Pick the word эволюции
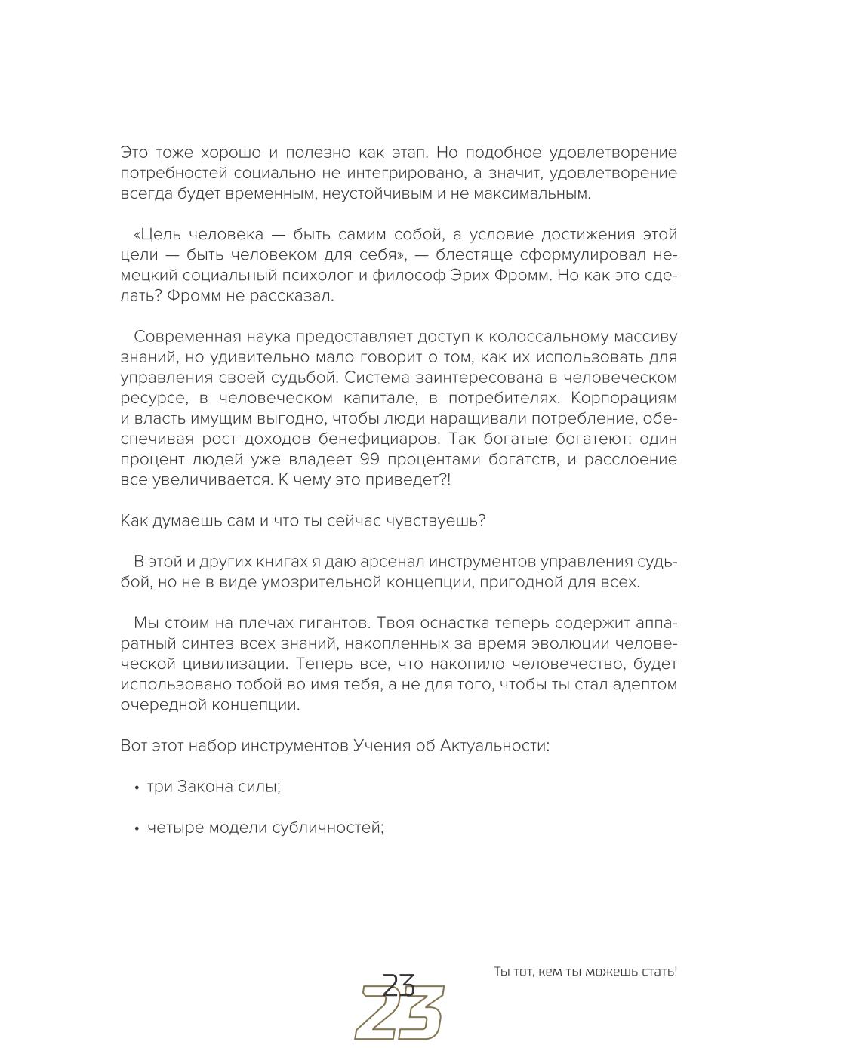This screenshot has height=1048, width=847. (578, 643)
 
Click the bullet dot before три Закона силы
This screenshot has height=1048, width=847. (137, 788)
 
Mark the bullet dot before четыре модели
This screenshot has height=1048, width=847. (137, 828)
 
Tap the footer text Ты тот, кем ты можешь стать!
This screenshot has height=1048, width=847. (585, 972)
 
